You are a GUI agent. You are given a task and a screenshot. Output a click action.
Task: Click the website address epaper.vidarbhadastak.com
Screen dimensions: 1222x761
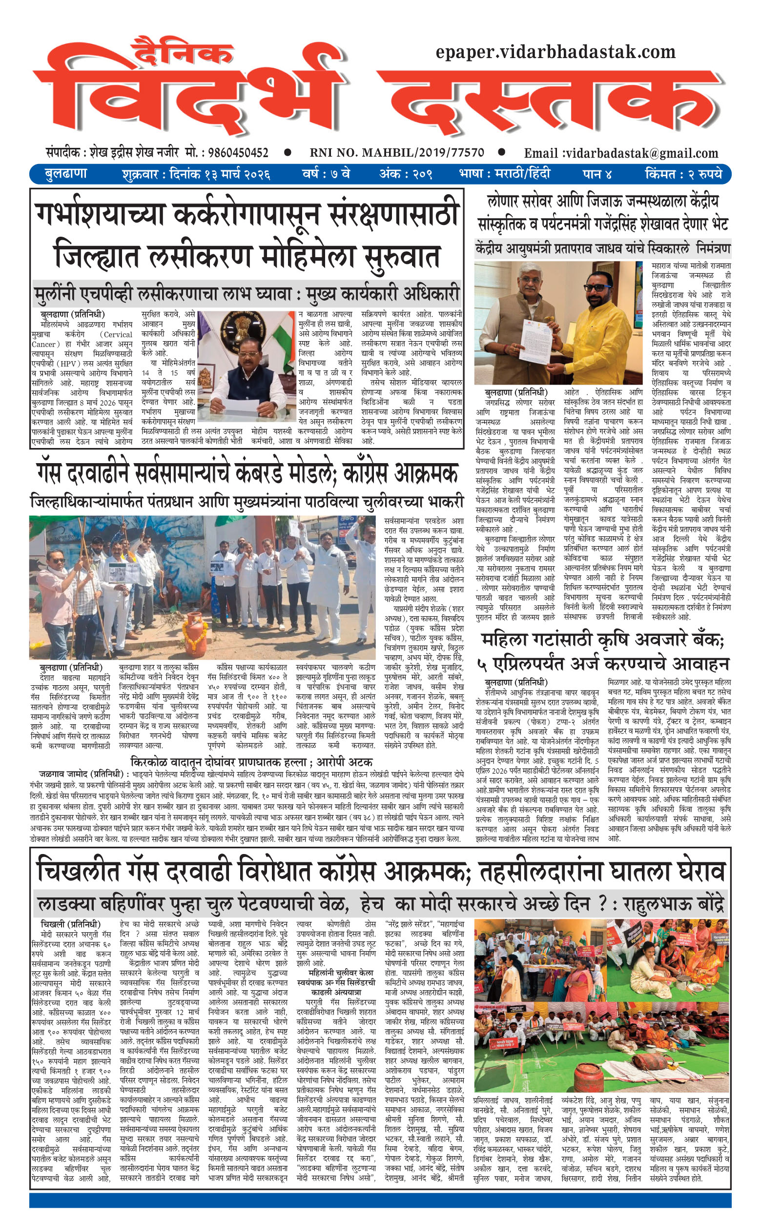point(555,51)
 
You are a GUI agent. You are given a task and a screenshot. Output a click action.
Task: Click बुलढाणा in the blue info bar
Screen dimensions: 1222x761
point(66,174)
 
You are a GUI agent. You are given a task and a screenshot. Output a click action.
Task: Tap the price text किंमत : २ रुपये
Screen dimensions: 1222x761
point(683,174)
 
